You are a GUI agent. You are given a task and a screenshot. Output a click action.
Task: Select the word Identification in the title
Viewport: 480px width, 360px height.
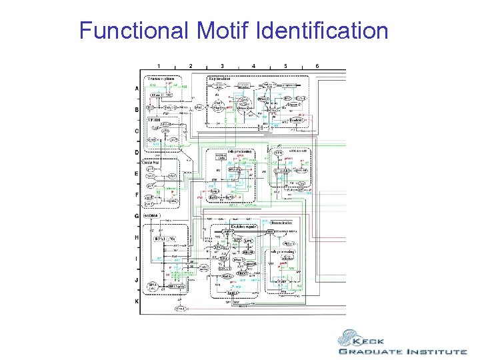321,30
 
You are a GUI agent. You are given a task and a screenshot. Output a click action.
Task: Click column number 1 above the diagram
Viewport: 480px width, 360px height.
159,65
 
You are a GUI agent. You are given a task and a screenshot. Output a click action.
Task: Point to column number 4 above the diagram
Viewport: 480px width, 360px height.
254,65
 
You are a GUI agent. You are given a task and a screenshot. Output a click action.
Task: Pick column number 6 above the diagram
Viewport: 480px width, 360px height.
317,65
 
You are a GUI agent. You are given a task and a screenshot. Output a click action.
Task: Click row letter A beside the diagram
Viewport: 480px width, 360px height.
137,89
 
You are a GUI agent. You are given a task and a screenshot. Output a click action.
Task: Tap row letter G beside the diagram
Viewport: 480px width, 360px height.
137,216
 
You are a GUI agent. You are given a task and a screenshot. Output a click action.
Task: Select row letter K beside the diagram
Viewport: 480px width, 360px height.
137,302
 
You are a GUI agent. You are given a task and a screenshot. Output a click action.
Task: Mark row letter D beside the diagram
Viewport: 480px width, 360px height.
137,153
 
